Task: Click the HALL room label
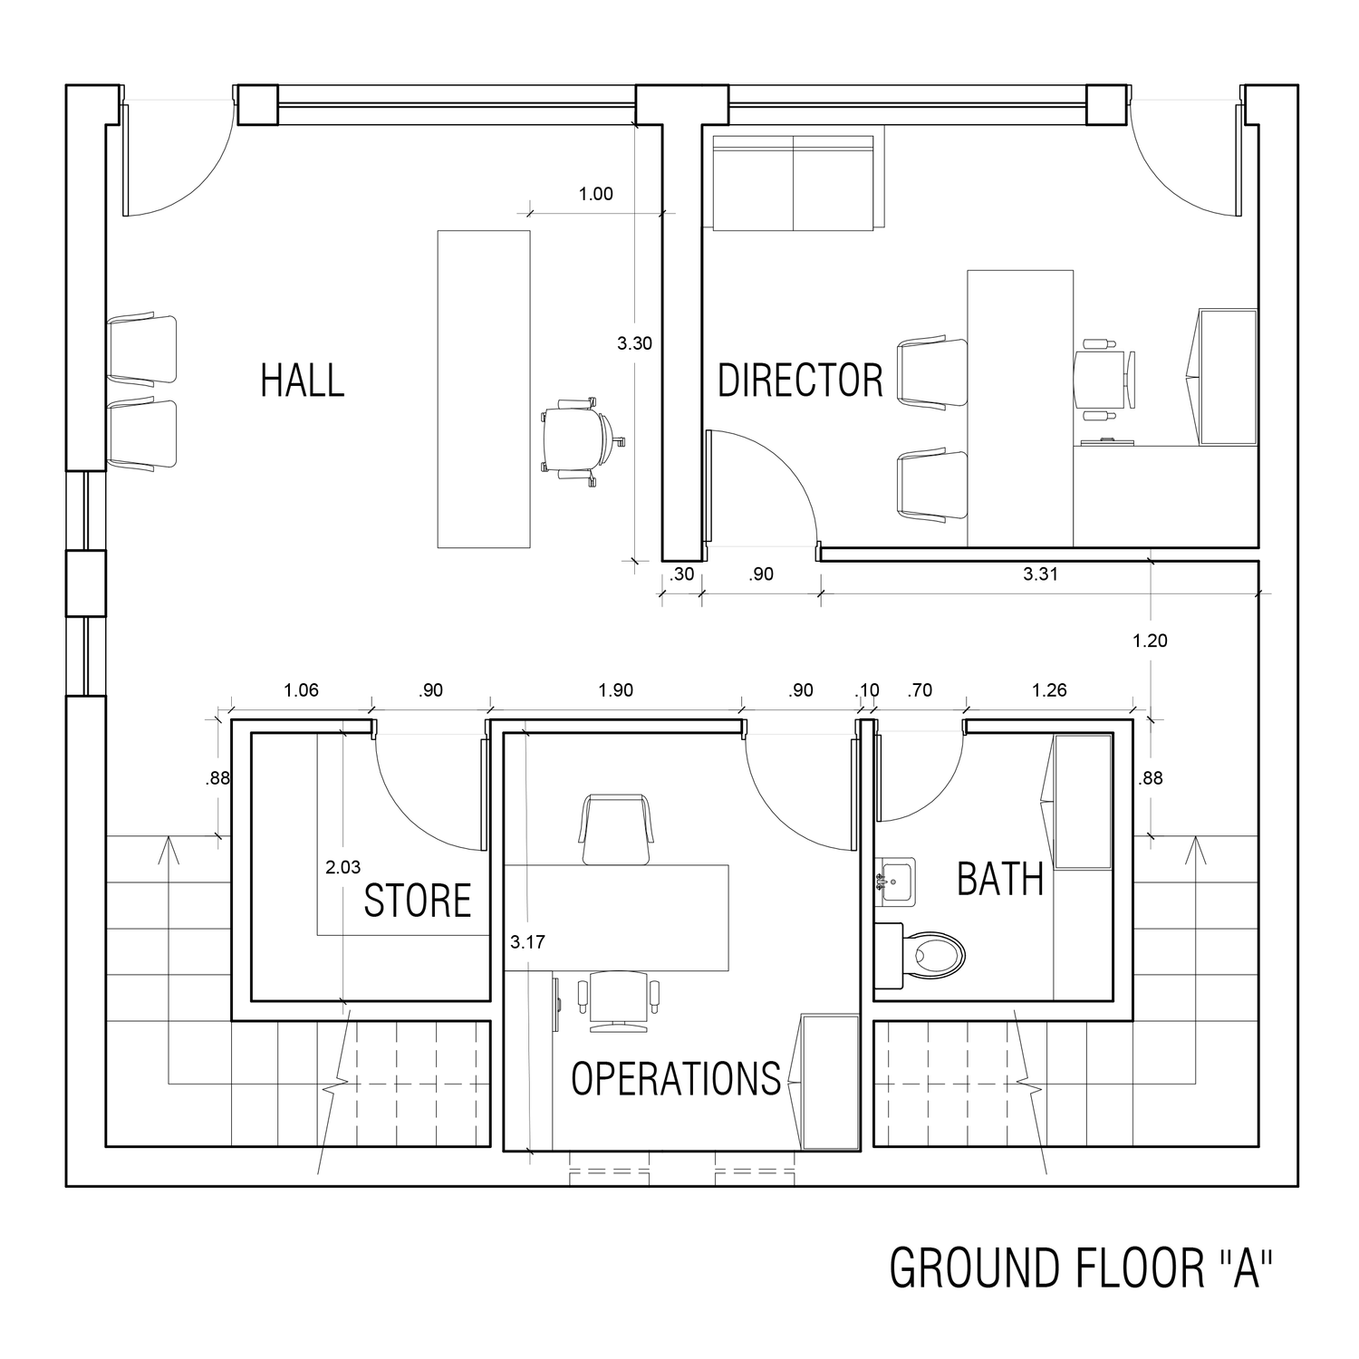(x=303, y=381)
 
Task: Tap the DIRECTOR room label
(x=800, y=381)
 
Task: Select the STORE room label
(x=418, y=901)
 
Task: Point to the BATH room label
(x=1000, y=879)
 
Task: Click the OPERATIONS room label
(x=676, y=1078)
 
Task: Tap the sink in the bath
(x=895, y=881)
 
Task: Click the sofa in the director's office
(x=794, y=183)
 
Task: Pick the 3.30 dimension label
(x=634, y=343)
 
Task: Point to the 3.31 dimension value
(x=1040, y=573)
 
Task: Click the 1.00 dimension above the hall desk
(x=596, y=194)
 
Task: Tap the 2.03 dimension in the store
(x=343, y=868)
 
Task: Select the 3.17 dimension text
(x=527, y=942)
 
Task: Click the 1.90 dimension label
(x=616, y=690)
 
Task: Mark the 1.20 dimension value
(x=1151, y=641)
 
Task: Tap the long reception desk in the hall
(x=484, y=390)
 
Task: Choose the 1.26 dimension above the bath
(x=1049, y=690)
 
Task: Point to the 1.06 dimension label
(x=301, y=690)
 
